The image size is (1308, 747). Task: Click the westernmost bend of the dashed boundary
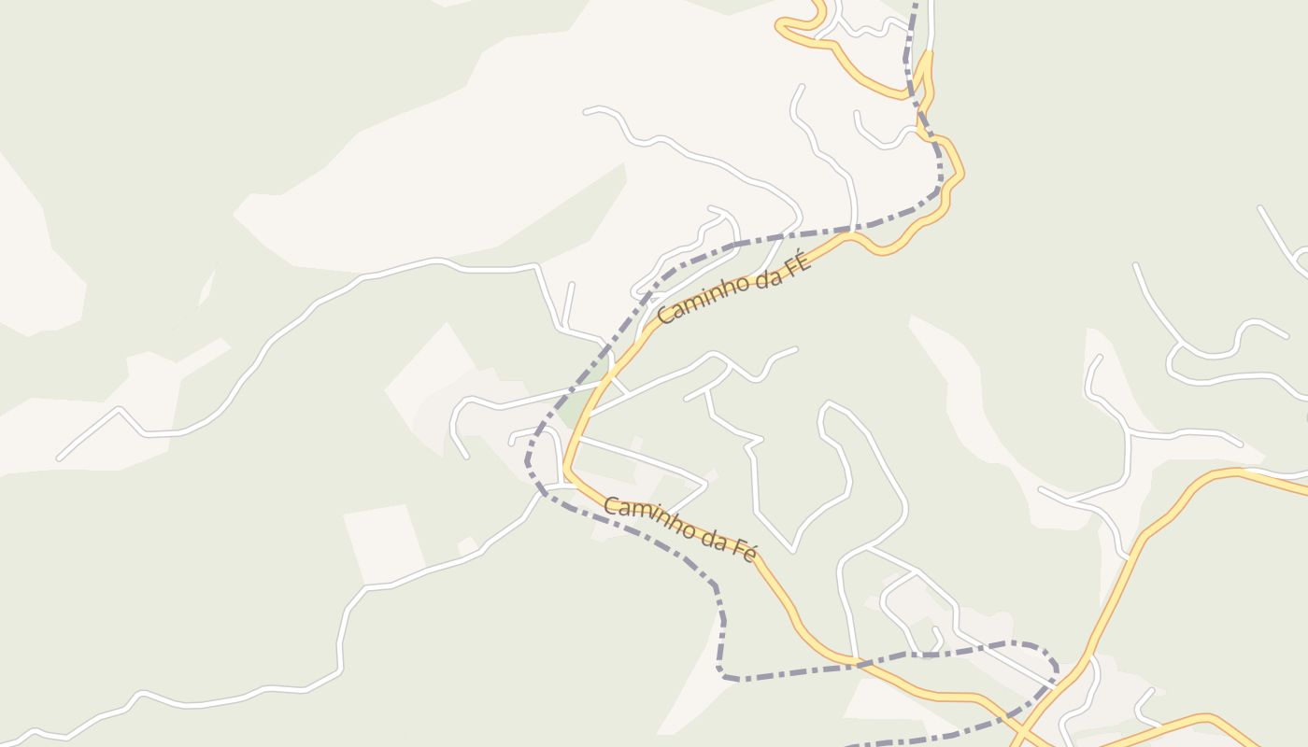(x=528, y=461)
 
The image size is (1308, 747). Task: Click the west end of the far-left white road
(x=60, y=458)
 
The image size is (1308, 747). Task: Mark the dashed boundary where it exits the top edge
(x=915, y=4)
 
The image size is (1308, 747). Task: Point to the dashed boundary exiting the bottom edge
(x=846, y=744)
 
